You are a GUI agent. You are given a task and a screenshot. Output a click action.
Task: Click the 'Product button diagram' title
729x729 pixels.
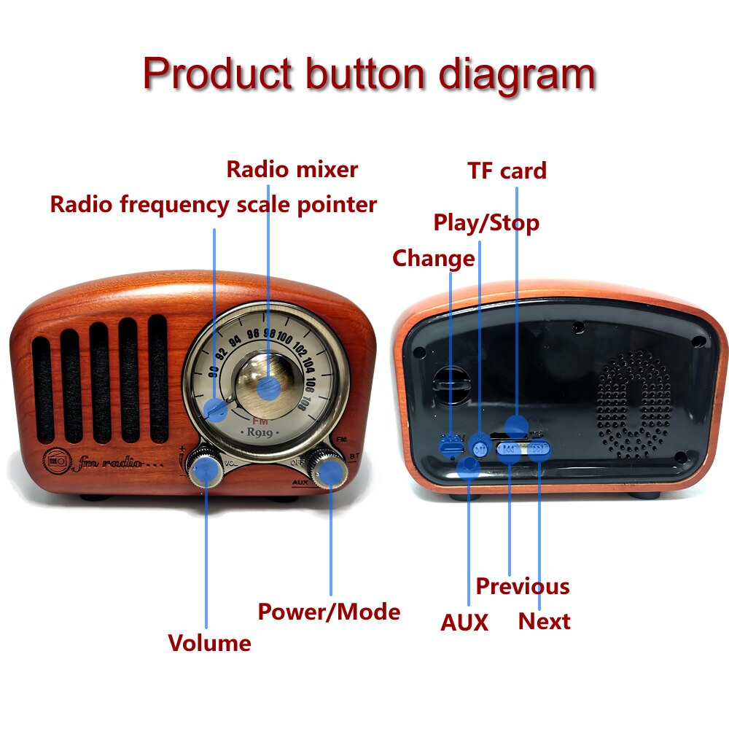click(x=369, y=74)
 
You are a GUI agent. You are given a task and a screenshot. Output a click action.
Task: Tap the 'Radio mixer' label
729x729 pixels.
click(x=292, y=169)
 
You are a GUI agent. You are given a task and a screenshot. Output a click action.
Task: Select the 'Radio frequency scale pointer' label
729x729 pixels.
click(x=213, y=204)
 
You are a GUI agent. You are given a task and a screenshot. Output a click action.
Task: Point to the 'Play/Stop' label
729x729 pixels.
click(x=486, y=222)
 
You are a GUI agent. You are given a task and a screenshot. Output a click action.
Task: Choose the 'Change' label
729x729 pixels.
click(x=433, y=258)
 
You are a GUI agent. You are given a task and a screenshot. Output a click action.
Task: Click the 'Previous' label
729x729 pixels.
click(x=522, y=586)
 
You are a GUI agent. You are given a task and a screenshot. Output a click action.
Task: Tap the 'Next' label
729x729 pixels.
click(x=544, y=622)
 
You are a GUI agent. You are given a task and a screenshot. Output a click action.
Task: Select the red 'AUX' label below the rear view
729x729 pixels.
click(x=464, y=623)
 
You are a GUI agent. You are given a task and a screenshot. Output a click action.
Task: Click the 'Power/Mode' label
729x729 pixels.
click(x=329, y=611)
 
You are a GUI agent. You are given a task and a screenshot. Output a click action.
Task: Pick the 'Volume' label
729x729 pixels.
click(x=209, y=643)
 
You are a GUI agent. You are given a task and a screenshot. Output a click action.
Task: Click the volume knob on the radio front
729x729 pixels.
click(x=206, y=469)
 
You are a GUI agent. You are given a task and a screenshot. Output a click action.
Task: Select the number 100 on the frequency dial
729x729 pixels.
click(x=284, y=338)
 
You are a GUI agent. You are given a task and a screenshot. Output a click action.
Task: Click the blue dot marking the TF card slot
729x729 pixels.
click(x=516, y=425)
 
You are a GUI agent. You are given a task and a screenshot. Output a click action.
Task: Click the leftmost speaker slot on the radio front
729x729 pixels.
click(x=42, y=390)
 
